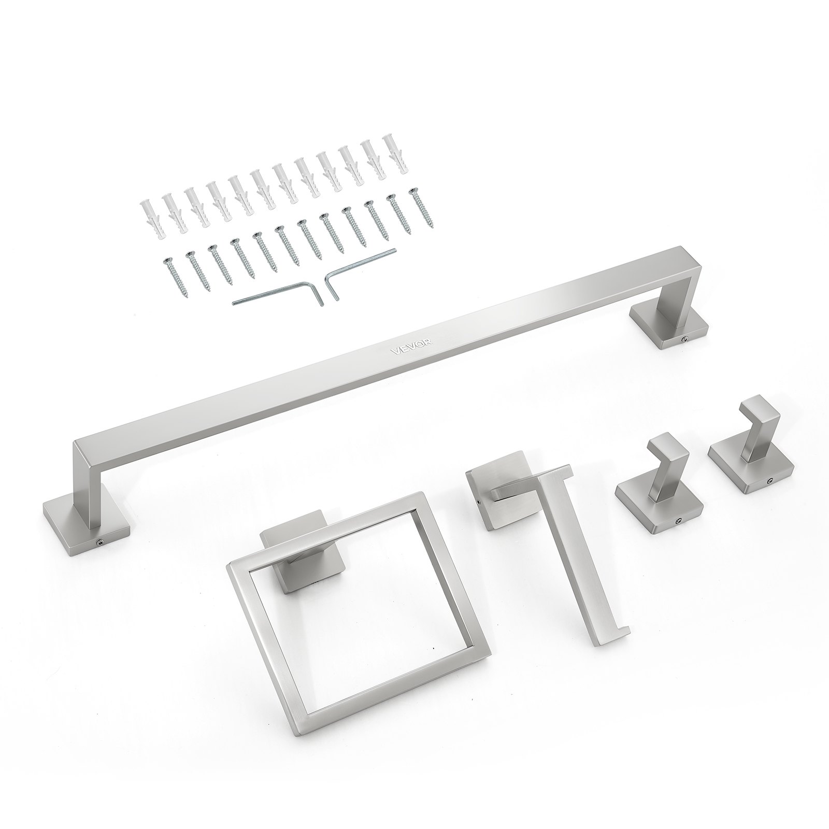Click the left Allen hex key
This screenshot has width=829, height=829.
pyautogui.click(x=275, y=293)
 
